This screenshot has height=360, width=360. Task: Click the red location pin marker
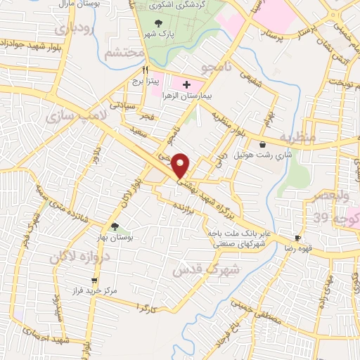pos(181,165)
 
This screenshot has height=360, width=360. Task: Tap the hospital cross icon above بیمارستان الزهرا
pos(186,85)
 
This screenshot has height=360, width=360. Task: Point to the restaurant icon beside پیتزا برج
pos(146,70)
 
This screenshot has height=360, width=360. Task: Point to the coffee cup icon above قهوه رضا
pos(298,238)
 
